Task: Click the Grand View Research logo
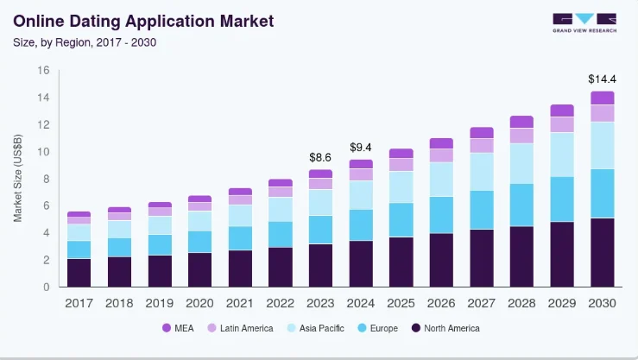pyautogui.click(x=584, y=22)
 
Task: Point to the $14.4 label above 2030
pyautogui.click(x=602, y=79)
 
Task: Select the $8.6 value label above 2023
pyautogui.click(x=321, y=157)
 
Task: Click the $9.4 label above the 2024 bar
pyautogui.click(x=361, y=147)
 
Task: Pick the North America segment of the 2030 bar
pyautogui.click(x=602, y=252)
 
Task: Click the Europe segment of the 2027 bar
pyautogui.click(x=482, y=210)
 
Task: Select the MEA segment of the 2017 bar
pyautogui.click(x=79, y=214)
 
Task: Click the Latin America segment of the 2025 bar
pyautogui.click(x=401, y=164)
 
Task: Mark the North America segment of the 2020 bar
pyautogui.click(x=199, y=269)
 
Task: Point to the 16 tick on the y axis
pyautogui.click(x=43, y=71)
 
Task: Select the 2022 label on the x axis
pyautogui.click(x=280, y=303)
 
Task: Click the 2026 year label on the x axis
pyautogui.click(x=441, y=303)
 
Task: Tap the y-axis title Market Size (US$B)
pyautogui.click(x=18, y=178)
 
